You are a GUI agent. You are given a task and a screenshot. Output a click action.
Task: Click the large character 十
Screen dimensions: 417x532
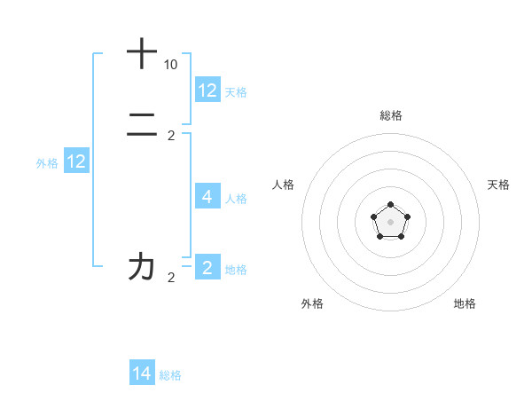coord(142,53)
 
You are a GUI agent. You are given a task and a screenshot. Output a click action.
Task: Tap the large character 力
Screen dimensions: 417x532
coord(142,266)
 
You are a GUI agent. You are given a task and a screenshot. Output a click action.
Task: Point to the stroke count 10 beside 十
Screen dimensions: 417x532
coord(170,65)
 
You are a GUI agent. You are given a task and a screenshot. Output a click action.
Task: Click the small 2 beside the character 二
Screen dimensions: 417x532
coord(171,136)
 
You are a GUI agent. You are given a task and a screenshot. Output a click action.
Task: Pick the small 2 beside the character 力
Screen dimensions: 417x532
coord(171,278)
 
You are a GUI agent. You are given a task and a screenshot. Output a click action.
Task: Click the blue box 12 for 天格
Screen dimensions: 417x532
coord(207,90)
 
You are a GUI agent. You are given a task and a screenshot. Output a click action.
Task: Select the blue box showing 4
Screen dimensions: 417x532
coord(207,196)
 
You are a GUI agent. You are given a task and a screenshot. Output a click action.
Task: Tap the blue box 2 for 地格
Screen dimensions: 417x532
coord(207,267)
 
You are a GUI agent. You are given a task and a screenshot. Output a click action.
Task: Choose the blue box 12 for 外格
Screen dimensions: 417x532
coord(76,161)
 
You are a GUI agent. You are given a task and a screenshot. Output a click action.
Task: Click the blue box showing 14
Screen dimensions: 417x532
coord(142,374)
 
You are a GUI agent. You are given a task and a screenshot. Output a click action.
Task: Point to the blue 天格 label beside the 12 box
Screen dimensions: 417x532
coord(236,91)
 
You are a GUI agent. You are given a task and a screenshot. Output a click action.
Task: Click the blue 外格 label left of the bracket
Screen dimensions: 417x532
coord(47,162)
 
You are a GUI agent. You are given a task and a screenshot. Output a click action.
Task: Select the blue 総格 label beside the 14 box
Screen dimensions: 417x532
coord(170,375)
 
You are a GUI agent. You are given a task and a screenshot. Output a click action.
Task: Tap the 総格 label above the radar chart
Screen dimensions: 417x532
coord(391,115)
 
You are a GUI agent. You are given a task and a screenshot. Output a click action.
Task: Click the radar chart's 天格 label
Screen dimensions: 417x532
coord(499,185)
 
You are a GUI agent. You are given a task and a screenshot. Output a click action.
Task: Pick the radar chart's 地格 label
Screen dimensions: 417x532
coord(465,303)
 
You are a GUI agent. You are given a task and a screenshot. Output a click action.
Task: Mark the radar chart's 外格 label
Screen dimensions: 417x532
coord(312,303)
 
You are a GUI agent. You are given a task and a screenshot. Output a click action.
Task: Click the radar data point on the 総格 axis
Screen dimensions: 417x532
coord(391,205)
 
